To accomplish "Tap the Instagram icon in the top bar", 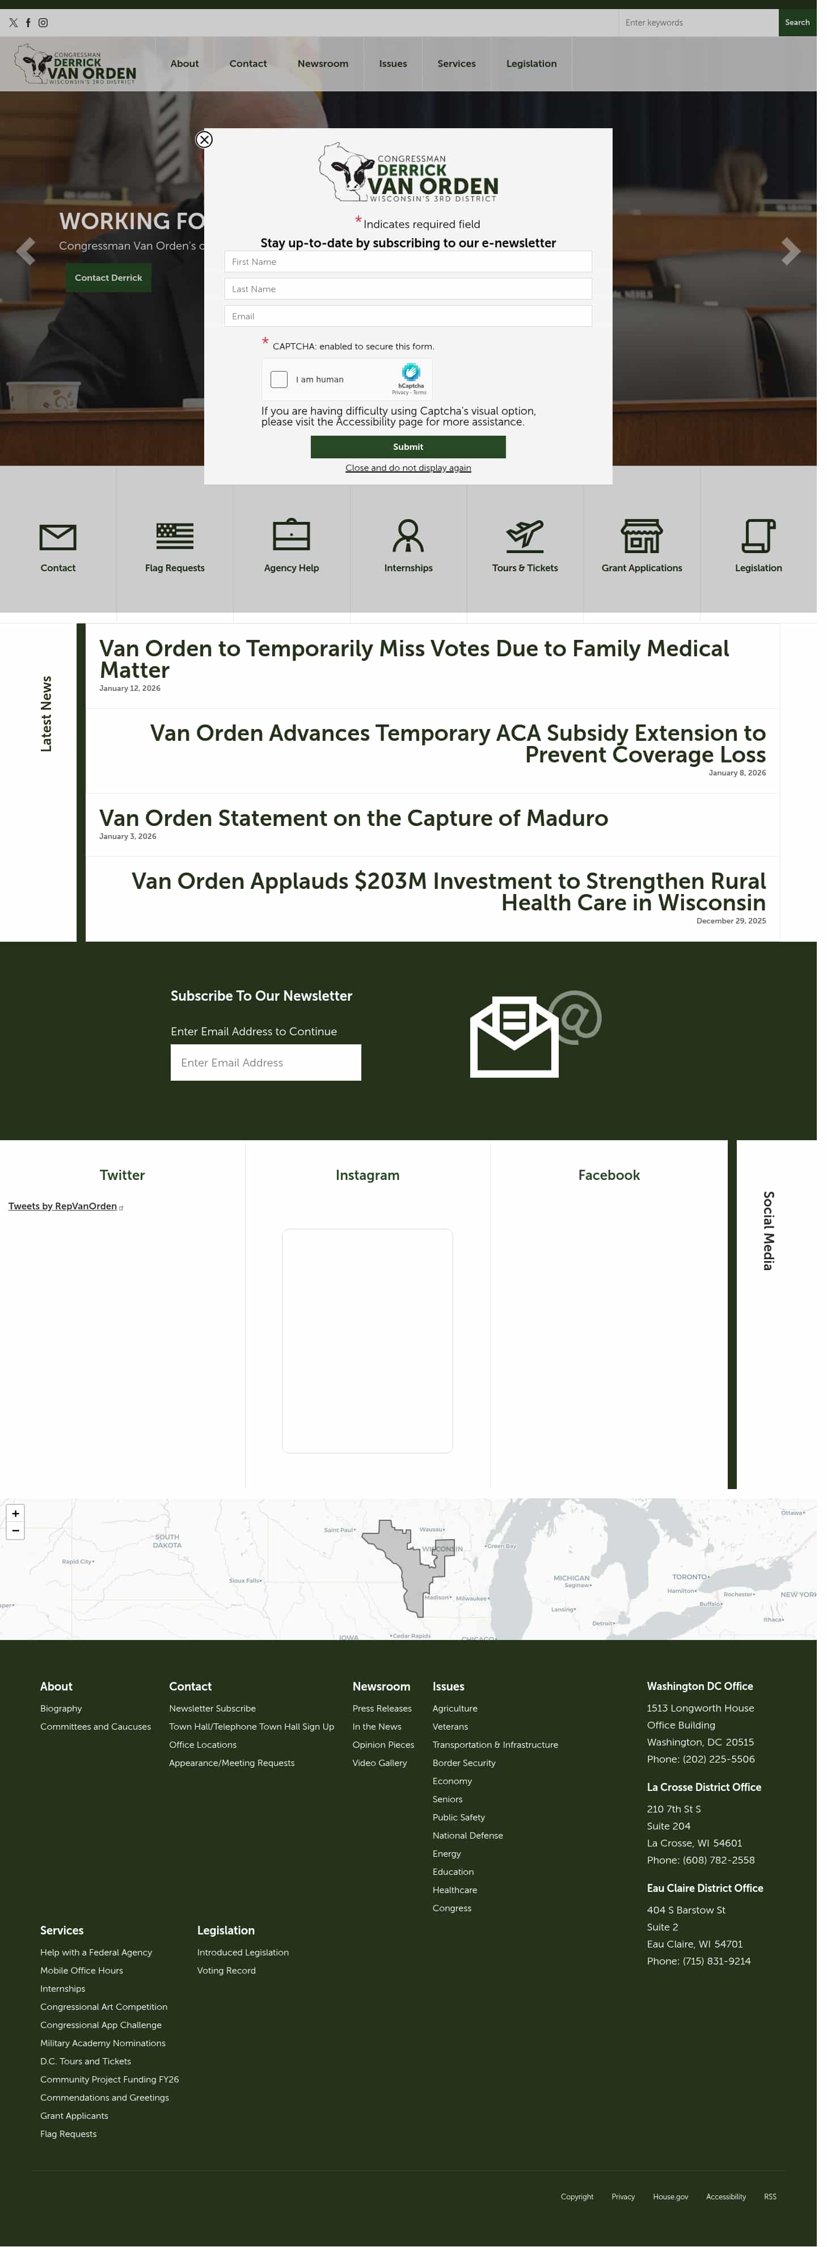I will coord(43,23).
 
